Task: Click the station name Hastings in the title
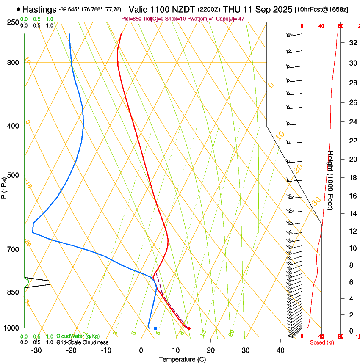click(x=39, y=9)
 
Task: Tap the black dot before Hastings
click(x=18, y=9)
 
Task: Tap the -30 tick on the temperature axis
click(x=36, y=350)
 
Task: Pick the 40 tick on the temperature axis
click(x=280, y=350)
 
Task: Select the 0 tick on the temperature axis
click(x=141, y=350)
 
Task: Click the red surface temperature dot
click(x=189, y=328)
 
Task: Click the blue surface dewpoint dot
click(x=155, y=328)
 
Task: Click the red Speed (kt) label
click(x=321, y=342)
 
